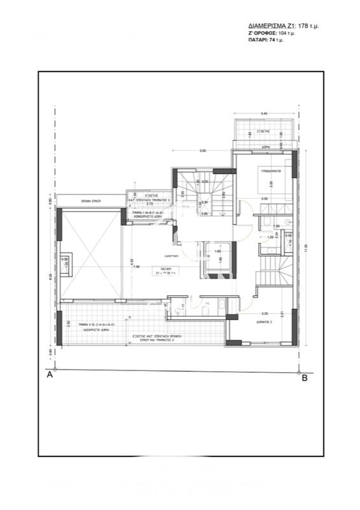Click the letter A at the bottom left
pyautogui.click(x=50, y=377)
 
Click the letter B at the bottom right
pyautogui.click(x=305, y=378)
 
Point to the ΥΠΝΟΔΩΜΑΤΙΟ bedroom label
pyautogui.click(x=271, y=171)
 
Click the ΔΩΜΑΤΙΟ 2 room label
pyautogui.click(x=270, y=323)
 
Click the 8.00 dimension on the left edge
pyautogui.click(x=50, y=275)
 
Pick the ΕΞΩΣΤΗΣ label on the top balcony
pyautogui.click(x=262, y=129)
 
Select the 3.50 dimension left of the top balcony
pyautogui.click(x=202, y=151)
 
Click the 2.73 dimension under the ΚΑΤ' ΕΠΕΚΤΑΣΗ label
pyautogui.click(x=151, y=204)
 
